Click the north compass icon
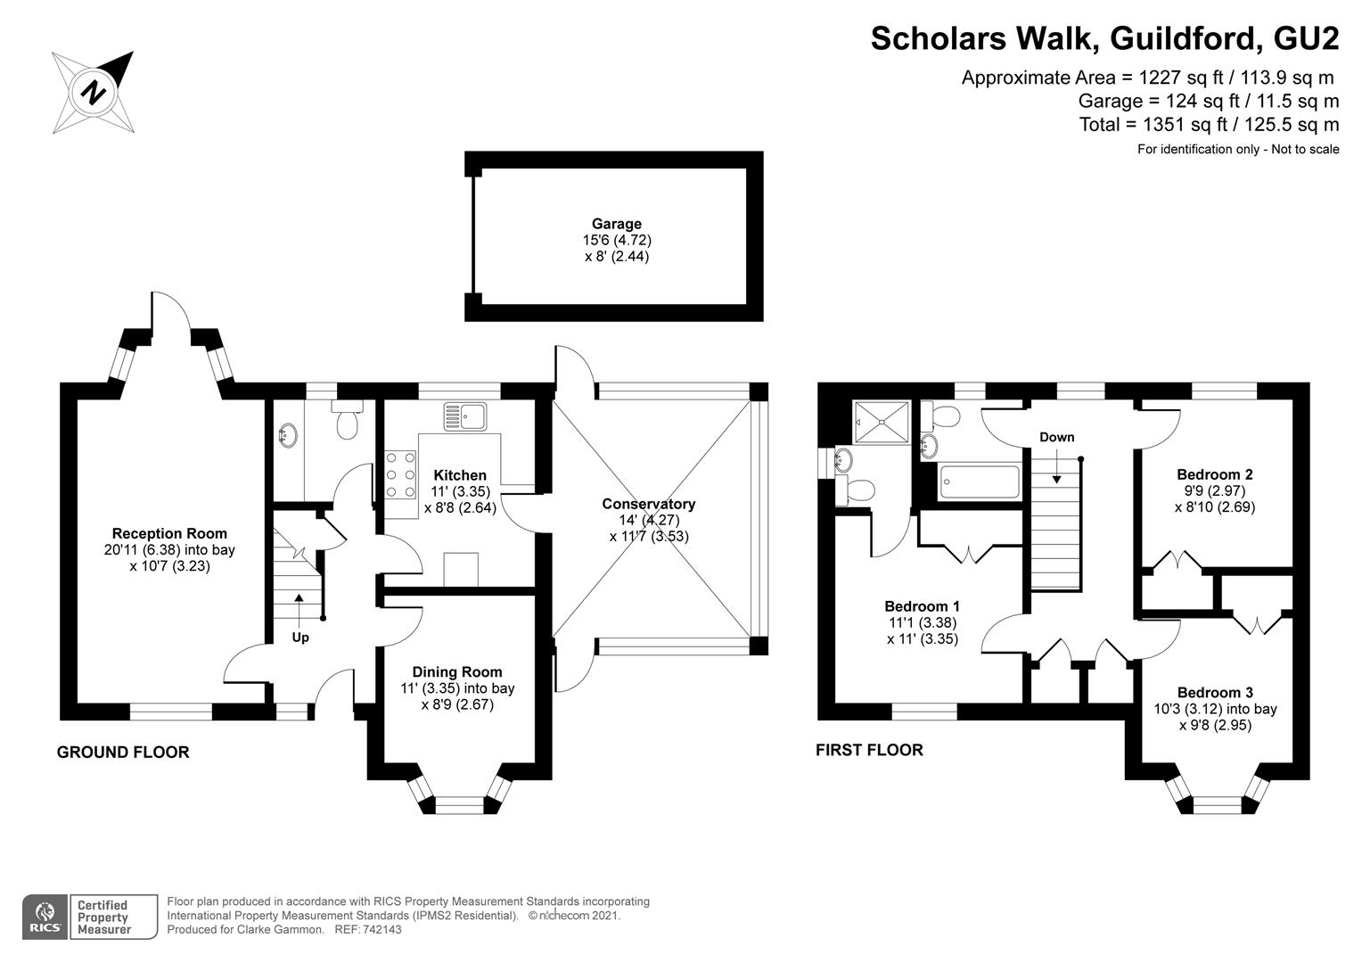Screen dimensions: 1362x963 93,91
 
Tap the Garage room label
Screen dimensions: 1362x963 616,224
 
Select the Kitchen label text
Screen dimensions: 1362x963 460,475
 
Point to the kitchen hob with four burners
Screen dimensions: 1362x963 401,473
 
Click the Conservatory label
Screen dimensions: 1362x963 648,504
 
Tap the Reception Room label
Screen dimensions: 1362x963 169,534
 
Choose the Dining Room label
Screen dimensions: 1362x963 456,672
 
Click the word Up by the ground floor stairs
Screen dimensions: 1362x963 300,638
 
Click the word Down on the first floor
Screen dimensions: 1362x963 1056,437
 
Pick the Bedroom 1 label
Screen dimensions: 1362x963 922,606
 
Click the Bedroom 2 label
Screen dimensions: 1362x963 1214,474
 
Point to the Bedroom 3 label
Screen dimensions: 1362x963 1215,692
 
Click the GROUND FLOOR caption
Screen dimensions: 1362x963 123,753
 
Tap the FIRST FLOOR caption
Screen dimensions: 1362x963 869,750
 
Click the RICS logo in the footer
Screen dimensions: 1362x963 45,917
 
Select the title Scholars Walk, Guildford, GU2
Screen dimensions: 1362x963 1104,39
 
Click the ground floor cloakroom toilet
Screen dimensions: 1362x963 347,421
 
